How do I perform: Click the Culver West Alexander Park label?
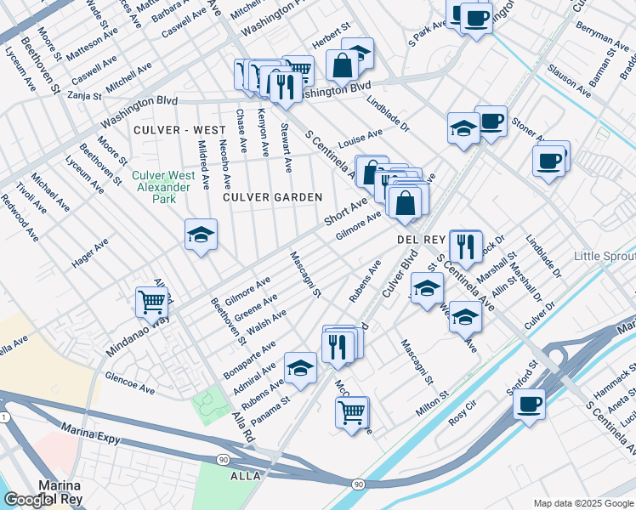163,187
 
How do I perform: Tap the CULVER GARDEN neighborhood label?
273,197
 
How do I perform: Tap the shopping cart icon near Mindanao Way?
151,301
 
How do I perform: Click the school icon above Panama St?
300,368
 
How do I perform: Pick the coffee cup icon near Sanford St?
529,404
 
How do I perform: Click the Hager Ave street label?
90,253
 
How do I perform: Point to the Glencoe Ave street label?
129,382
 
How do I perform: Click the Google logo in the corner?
31,501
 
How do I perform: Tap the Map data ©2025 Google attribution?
582,503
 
